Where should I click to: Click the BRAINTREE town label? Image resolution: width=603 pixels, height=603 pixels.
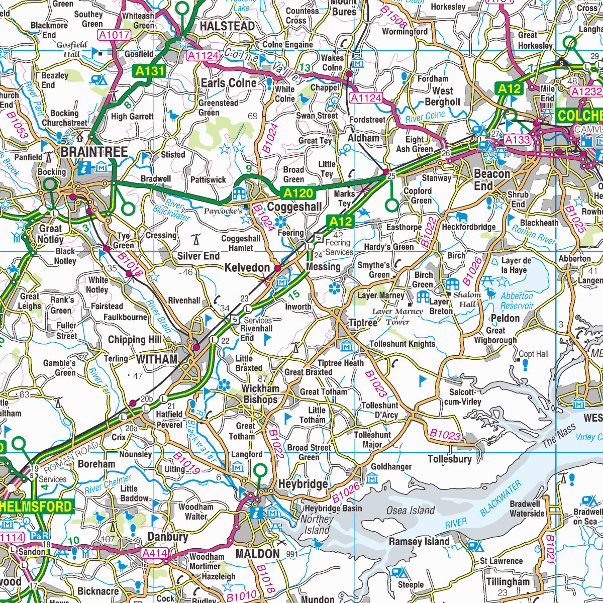pyautogui.click(x=94, y=152)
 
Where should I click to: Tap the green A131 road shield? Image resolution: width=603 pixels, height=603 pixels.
pyautogui.click(x=150, y=71)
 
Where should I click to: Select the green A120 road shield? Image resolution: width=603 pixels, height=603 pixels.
pyautogui.click(x=298, y=193)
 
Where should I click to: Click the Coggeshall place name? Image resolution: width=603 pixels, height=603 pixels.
pyautogui.click(x=294, y=207)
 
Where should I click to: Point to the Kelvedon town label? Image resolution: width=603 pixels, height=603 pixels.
pyautogui.click(x=247, y=268)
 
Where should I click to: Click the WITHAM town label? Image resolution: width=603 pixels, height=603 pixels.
pyautogui.click(x=157, y=359)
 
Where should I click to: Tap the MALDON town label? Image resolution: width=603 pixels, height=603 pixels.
pyautogui.click(x=257, y=554)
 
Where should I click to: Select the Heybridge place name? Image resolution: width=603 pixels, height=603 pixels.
pyautogui.click(x=303, y=484)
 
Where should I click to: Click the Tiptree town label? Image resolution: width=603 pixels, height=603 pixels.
pyautogui.click(x=363, y=323)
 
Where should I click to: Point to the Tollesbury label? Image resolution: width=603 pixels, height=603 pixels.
pyautogui.click(x=450, y=459)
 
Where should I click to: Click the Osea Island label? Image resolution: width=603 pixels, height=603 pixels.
pyautogui.click(x=411, y=511)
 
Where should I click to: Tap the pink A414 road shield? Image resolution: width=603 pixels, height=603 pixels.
pyautogui.click(x=154, y=553)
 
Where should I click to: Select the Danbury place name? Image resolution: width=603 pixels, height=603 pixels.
pyautogui.click(x=167, y=537)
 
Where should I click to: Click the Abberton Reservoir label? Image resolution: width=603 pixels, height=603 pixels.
pyautogui.click(x=517, y=301)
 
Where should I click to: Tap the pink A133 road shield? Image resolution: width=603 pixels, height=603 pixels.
pyautogui.click(x=517, y=140)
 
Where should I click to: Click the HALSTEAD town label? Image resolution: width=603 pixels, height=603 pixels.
pyautogui.click(x=227, y=26)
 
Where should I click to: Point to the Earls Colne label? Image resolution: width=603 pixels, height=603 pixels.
pyautogui.click(x=229, y=83)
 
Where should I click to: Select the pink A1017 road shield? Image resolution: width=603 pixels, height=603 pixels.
pyautogui.click(x=115, y=35)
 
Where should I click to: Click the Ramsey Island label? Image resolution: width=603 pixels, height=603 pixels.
pyautogui.click(x=419, y=542)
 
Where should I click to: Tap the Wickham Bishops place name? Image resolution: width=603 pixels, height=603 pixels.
pyautogui.click(x=260, y=394)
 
